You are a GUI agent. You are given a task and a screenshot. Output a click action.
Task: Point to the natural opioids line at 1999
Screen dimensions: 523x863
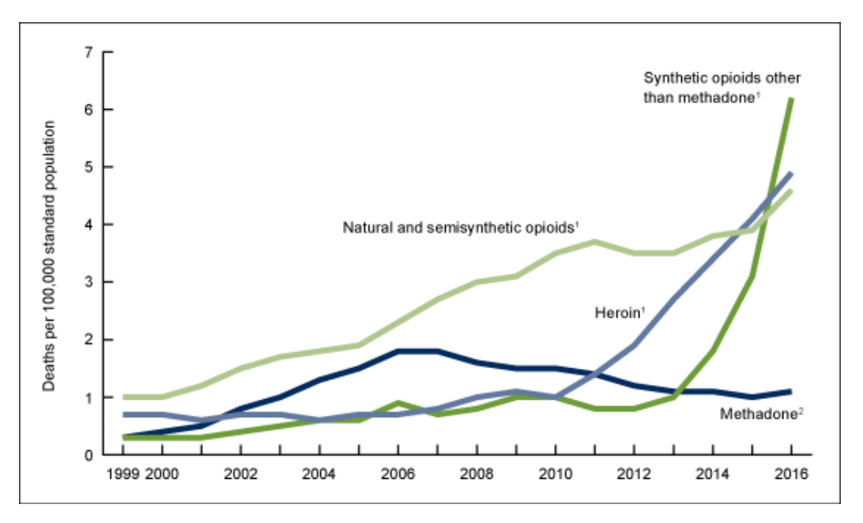pos(124,397)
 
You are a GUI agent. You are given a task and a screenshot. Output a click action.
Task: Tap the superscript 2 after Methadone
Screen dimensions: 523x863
pos(801,408)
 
